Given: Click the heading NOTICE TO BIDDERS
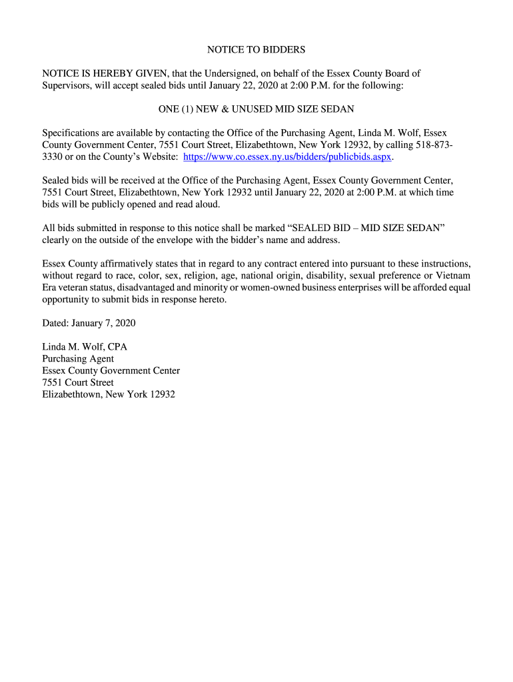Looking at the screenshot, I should (256, 50).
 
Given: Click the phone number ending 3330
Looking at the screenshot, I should (53, 157).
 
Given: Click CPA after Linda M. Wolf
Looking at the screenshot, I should (117, 347).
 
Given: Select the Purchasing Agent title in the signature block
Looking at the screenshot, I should (78, 359).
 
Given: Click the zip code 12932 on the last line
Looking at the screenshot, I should (162, 394).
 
